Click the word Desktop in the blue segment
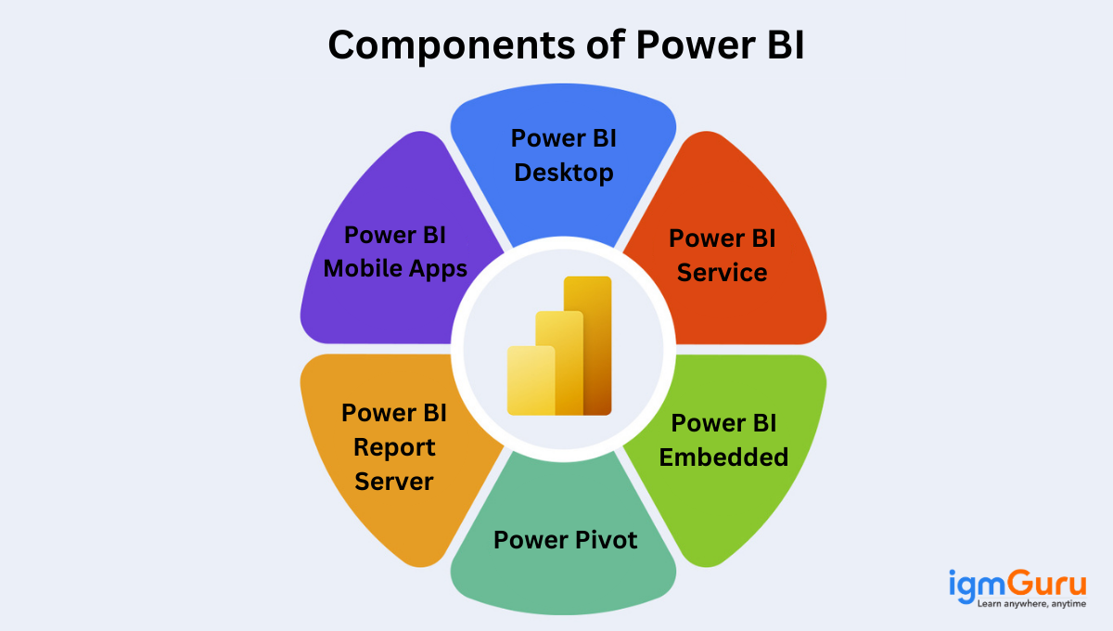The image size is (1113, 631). click(564, 173)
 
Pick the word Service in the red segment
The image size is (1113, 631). click(722, 273)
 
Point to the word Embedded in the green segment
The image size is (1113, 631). click(723, 457)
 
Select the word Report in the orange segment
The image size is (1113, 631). click(395, 447)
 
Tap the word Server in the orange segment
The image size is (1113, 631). click(395, 482)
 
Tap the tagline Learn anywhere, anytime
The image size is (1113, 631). click(1030, 605)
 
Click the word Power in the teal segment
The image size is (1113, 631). click(529, 540)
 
